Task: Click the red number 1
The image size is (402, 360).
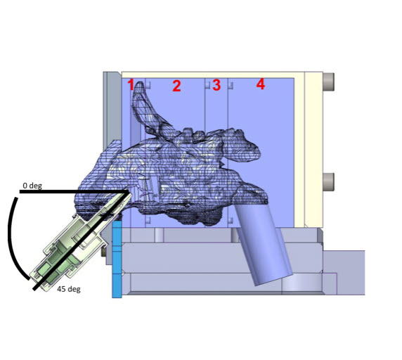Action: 131,85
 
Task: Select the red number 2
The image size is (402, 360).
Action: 176,86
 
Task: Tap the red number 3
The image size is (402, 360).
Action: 216,85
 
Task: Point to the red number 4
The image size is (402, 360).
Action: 261,84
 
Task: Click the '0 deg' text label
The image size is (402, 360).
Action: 32,186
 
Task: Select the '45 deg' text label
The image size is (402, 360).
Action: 69,289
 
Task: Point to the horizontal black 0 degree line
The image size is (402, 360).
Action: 74,191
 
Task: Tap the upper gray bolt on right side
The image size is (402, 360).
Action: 328,82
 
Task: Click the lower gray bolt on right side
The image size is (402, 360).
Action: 328,182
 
